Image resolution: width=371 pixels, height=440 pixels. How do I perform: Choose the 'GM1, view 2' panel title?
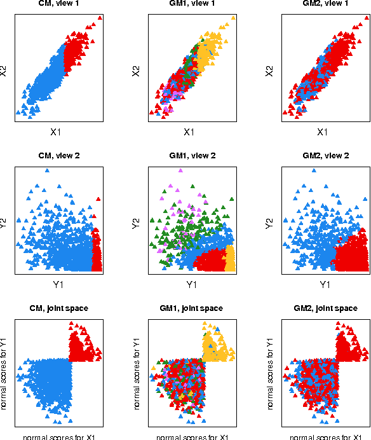point(189,156)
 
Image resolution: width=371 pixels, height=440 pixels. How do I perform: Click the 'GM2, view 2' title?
point(322,156)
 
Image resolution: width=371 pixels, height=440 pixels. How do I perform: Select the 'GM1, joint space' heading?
point(189,308)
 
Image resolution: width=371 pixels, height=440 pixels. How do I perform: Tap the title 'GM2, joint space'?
point(322,308)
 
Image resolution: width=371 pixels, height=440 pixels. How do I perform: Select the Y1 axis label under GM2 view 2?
point(322,285)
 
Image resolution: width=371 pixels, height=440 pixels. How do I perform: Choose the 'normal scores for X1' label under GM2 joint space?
point(322,437)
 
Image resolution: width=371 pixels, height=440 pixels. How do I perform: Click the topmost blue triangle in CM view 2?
point(47,171)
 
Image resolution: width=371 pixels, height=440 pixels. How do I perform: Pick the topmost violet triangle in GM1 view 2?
point(180,171)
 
